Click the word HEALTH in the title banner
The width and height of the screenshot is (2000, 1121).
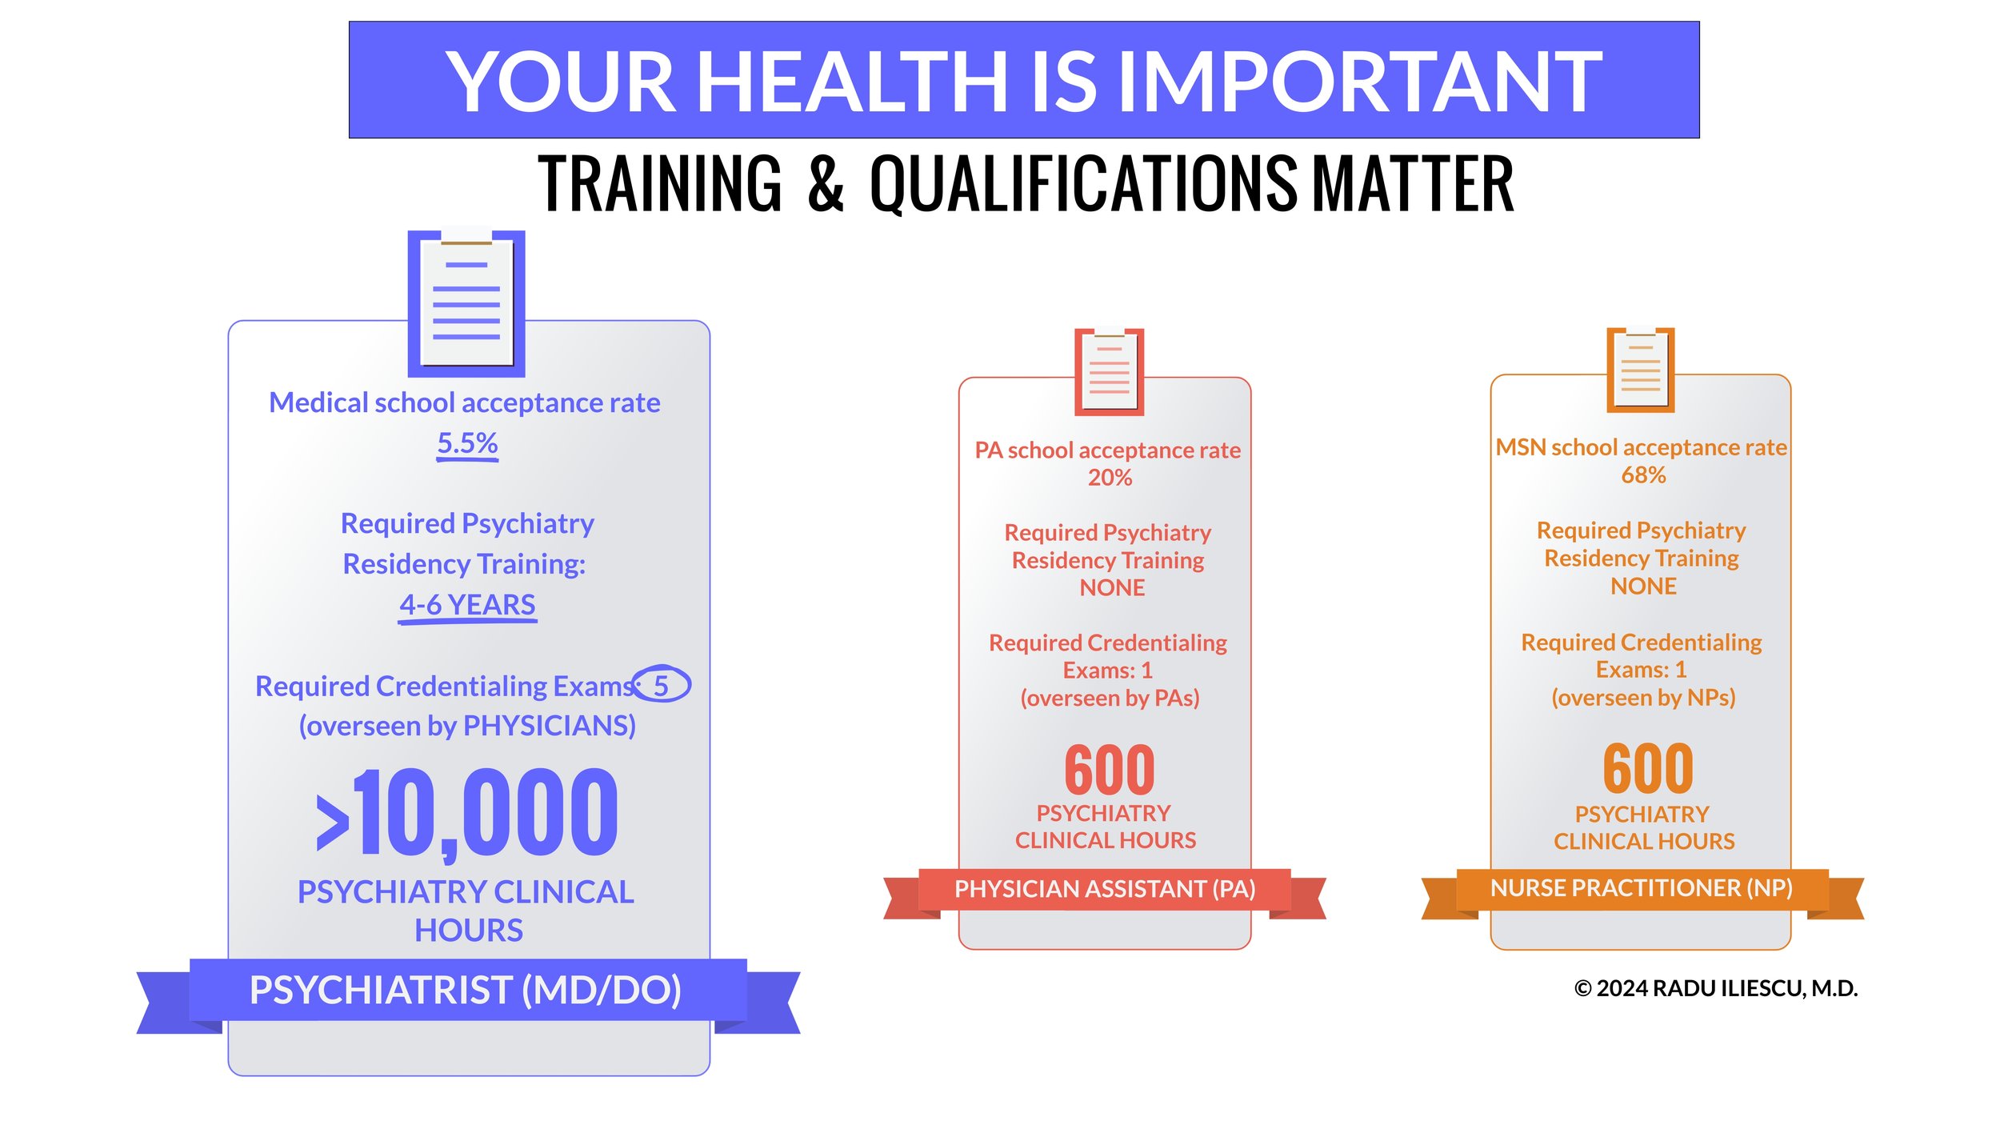[x=852, y=82]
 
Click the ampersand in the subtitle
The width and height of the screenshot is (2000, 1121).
[x=826, y=184]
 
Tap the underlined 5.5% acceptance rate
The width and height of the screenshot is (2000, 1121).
[x=467, y=442]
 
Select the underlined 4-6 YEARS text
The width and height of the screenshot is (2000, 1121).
[x=467, y=604]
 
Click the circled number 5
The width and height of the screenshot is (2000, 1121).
[x=661, y=685]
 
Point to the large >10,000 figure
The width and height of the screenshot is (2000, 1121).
[x=467, y=812]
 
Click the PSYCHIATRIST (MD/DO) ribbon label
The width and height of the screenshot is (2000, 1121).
[x=466, y=990]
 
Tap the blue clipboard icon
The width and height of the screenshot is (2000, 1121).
[x=466, y=304]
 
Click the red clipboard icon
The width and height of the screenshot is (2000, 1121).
[x=1109, y=372]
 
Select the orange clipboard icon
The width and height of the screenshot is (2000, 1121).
[x=1641, y=370]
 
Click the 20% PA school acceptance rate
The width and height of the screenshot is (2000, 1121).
[x=1110, y=478]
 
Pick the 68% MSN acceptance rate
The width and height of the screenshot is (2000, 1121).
[x=1643, y=475]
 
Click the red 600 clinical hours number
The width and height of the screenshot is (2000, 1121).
[x=1110, y=770]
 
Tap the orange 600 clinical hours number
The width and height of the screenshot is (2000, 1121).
[x=1648, y=768]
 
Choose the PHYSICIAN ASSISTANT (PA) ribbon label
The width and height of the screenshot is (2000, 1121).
[x=1105, y=889]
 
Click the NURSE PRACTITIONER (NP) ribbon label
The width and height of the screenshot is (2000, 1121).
[x=1641, y=888]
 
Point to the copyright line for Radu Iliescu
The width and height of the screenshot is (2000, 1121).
[x=1715, y=989]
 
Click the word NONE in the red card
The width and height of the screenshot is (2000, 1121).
[x=1112, y=588]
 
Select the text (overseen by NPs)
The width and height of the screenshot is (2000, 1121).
[x=1643, y=698]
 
